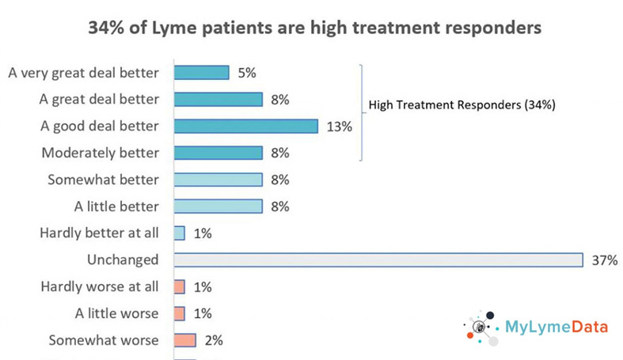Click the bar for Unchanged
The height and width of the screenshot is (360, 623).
point(377,260)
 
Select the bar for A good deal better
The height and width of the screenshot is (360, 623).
point(245,126)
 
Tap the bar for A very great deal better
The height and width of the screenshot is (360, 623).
point(200,73)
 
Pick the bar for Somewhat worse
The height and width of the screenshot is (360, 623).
point(184,340)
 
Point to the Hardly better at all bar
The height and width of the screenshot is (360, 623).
point(179,233)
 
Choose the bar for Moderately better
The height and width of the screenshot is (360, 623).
point(217,153)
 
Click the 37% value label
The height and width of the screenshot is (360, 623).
point(604,260)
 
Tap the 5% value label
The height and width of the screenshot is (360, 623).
point(246,73)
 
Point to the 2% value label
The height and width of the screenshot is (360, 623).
point(213,340)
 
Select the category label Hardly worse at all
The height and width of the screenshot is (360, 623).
point(100,286)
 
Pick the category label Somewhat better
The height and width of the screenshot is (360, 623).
point(103,180)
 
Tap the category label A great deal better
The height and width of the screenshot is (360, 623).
point(99,99)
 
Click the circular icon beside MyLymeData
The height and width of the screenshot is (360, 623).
point(479,328)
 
